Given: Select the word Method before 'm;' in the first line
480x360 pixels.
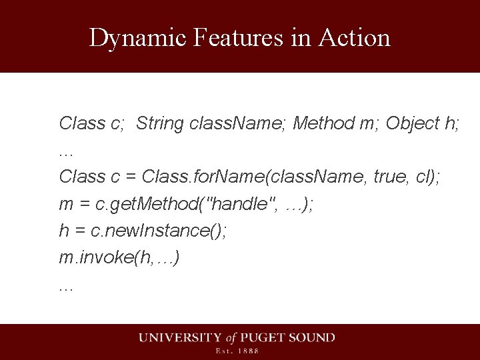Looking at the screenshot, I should tap(324, 123).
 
